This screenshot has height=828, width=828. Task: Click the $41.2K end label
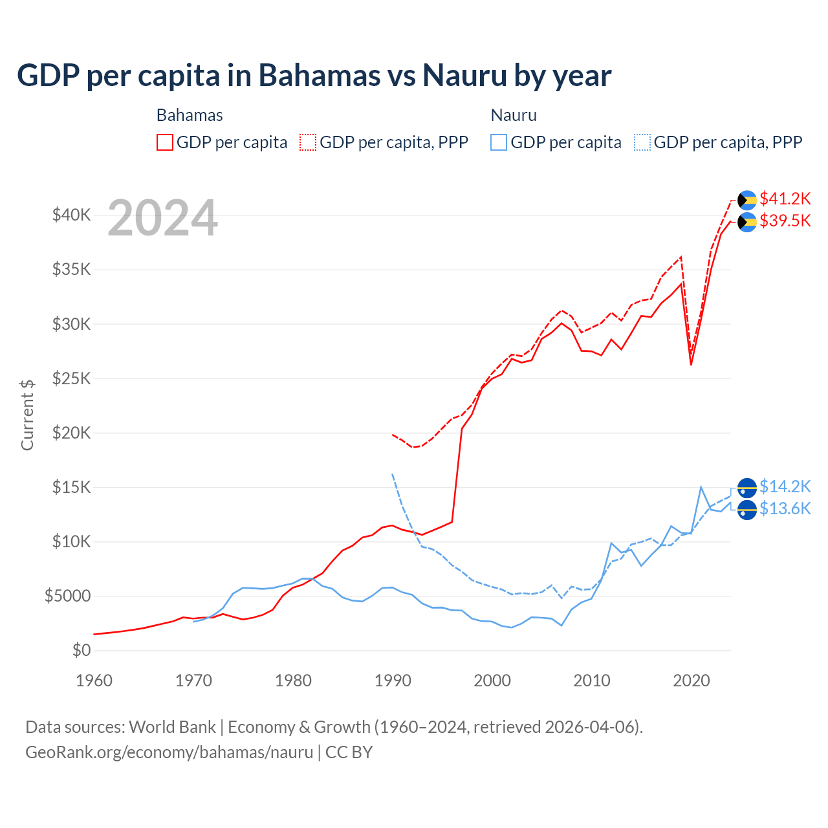(x=785, y=199)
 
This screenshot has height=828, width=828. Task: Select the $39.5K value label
(x=785, y=221)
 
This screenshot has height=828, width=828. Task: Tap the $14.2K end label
(x=785, y=486)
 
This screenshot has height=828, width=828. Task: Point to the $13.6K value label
(x=785, y=509)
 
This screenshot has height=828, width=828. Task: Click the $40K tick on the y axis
(x=71, y=215)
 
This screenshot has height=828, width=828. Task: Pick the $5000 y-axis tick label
(x=67, y=596)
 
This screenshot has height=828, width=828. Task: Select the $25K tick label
(x=71, y=378)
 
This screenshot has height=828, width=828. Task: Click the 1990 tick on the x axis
(x=393, y=681)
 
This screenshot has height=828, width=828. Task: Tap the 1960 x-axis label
(x=94, y=681)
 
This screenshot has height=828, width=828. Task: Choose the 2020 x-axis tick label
(x=692, y=681)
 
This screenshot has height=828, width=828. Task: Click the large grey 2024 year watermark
(x=162, y=219)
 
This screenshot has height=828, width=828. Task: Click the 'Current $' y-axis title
(x=27, y=415)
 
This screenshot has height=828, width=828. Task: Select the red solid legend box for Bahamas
(x=165, y=142)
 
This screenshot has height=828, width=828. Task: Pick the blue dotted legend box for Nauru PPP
(x=642, y=142)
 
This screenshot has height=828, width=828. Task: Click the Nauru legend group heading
(x=514, y=115)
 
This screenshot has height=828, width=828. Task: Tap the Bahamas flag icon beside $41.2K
(x=747, y=200)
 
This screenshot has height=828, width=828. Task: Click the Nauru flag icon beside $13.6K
(x=747, y=510)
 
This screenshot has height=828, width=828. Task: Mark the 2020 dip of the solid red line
(x=691, y=365)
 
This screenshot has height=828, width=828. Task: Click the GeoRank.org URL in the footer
(x=169, y=752)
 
